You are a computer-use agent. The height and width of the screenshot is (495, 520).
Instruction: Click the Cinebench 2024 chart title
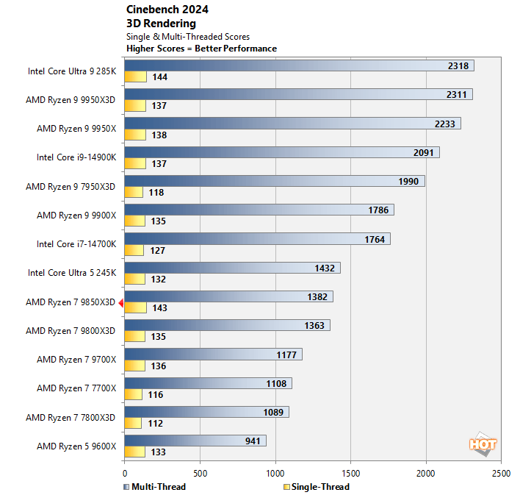(x=167, y=10)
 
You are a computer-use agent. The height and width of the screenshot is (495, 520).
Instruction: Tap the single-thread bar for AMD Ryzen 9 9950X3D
(x=136, y=106)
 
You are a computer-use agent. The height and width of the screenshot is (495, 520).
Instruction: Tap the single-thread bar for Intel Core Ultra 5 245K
(x=135, y=279)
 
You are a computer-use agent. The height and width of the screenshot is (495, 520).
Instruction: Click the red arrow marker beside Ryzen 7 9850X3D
(x=120, y=302)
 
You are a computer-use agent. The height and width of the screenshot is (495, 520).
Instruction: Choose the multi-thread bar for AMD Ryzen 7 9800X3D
(x=227, y=325)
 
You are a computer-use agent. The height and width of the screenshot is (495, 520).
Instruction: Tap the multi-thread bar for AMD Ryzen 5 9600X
(x=195, y=441)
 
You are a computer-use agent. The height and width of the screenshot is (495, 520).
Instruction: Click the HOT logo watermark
(x=483, y=444)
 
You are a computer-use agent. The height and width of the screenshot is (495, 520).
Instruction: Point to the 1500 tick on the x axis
(x=351, y=474)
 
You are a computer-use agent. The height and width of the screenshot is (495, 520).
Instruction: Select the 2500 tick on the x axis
(x=501, y=474)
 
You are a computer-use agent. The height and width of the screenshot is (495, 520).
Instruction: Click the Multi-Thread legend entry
(x=155, y=487)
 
